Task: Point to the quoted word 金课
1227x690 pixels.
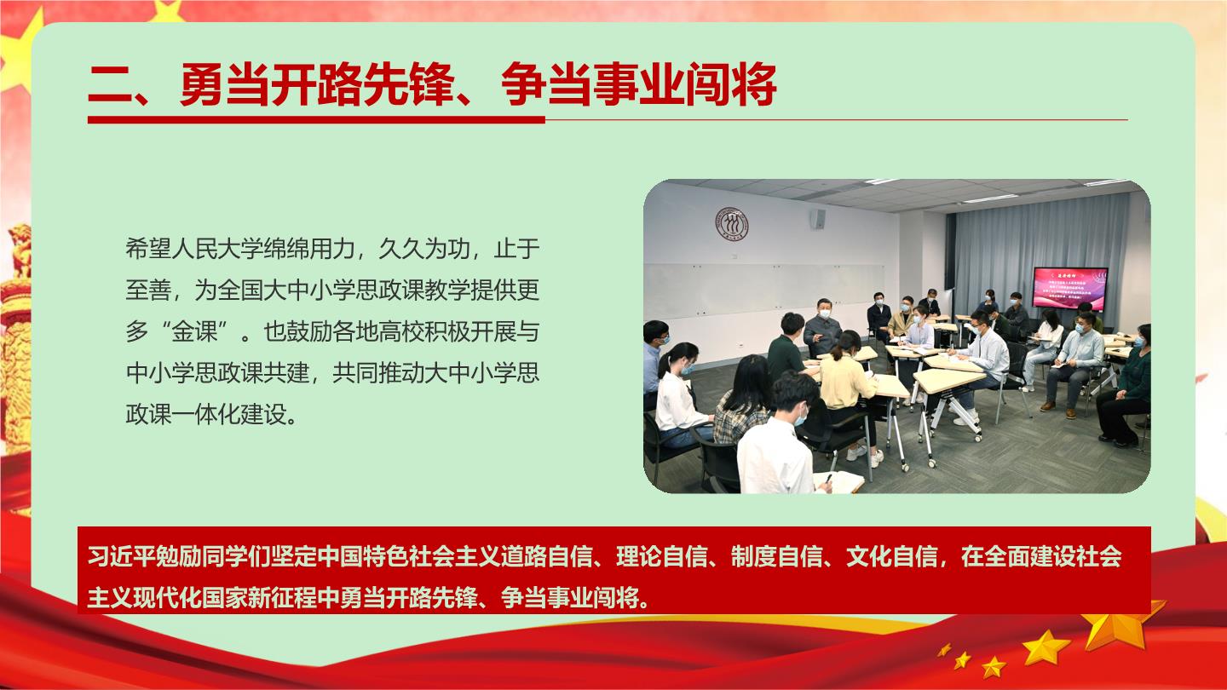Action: point(194,331)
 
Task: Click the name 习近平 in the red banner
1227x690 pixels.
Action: point(122,556)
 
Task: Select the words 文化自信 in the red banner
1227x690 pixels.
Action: point(892,556)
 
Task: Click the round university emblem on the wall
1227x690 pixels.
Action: point(731,224)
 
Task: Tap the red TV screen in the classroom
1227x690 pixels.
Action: point(1070,288)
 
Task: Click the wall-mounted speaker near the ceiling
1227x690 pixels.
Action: point(818,219)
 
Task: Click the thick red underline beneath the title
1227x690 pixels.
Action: point(316,119)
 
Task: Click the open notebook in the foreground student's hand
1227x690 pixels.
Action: point(839,481)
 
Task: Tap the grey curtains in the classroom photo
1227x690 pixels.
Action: point(1035,252)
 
